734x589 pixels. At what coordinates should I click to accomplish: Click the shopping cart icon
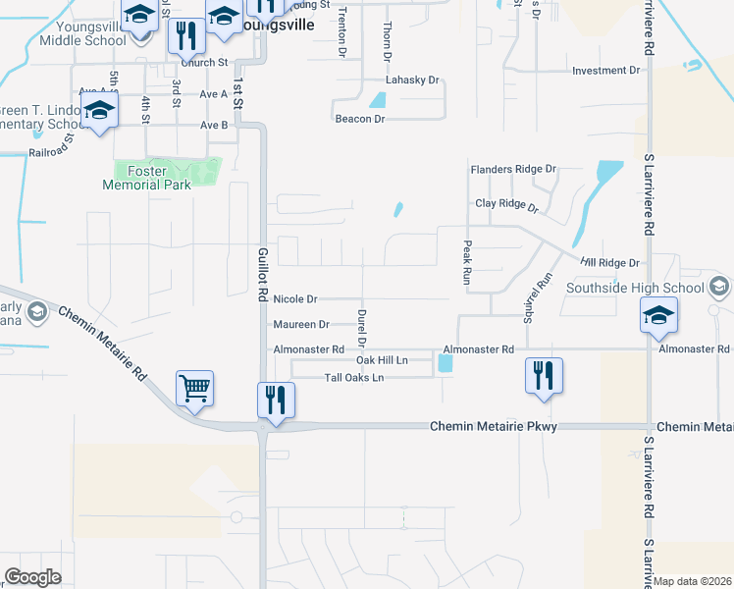193,388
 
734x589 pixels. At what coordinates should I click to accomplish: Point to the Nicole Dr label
295,298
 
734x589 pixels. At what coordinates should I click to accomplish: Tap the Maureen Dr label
301,324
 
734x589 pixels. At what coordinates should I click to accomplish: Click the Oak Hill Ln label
381,361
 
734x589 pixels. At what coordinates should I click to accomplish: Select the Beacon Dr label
359,119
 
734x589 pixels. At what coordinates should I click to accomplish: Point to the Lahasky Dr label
412,80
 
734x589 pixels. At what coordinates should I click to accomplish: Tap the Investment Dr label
605,71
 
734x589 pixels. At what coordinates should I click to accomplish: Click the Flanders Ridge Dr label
513,169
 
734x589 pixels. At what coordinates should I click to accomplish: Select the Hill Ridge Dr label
609,263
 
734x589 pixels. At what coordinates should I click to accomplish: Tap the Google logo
32,576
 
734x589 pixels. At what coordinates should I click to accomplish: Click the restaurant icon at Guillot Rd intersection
275,400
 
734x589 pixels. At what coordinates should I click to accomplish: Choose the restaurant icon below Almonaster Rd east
543,374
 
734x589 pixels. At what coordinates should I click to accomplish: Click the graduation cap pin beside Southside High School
658,315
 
